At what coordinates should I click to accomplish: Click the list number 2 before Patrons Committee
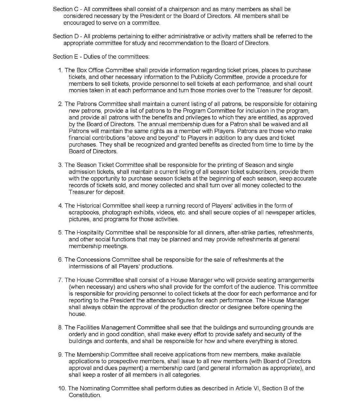click(x=60, y=104)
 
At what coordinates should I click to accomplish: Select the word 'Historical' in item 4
click(x=89, y=206)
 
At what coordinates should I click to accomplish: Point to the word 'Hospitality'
click(x=90, y=233)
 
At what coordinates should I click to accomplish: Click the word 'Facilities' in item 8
click(x=88, y=328)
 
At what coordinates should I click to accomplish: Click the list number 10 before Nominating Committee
click(x=62, y=388)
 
